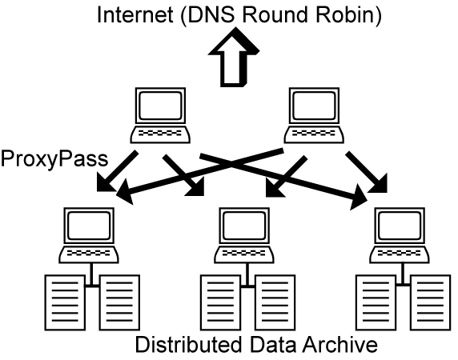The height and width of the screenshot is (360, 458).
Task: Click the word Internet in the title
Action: point(135,14)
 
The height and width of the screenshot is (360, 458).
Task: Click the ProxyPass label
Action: point(54,159)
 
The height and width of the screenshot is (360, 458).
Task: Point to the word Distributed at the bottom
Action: point(188,344)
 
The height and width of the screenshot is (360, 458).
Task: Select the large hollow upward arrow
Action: point(234,57)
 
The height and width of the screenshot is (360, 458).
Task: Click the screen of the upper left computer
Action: point(160,106)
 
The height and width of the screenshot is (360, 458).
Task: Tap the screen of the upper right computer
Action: point(314,106)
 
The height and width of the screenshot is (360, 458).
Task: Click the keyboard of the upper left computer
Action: point(160,134)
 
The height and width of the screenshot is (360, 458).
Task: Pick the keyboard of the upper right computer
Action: point(314,134)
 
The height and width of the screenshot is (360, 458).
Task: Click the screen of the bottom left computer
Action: point(89,226)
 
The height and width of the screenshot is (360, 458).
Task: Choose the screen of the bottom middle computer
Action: point(244,226)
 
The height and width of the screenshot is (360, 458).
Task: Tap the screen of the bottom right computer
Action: point(400,226)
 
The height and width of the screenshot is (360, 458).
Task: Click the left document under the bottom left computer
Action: point(65,302)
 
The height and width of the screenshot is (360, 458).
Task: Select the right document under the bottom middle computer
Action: point(275,302)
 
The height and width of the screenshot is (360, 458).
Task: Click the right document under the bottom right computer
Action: point(430,302)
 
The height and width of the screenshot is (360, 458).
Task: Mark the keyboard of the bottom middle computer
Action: point(244,254)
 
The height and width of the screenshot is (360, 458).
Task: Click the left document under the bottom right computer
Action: point(376,302)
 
